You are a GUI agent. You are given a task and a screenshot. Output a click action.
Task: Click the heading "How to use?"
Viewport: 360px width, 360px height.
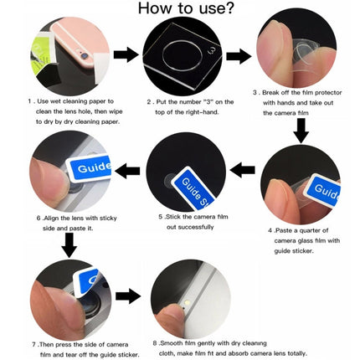click(180, 13)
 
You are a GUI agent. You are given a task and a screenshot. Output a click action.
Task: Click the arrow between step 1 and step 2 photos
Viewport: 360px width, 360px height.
click(126, 55)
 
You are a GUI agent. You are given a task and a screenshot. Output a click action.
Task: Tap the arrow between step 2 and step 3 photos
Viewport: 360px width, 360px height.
click(239, 56)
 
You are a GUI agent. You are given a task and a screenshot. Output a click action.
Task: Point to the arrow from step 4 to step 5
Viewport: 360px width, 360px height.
click(243, 171)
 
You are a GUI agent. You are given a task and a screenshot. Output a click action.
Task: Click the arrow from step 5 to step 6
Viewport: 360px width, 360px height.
click(127, 171)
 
